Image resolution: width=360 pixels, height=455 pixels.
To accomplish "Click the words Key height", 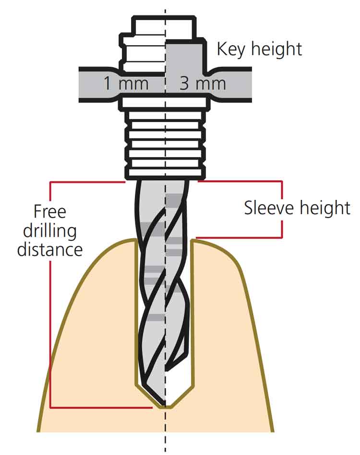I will [x=259, y=49].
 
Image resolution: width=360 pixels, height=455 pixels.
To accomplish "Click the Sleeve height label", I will [x=297, y=208].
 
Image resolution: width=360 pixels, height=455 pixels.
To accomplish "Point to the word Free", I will [x=49, y=211].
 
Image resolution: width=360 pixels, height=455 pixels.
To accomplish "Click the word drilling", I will [x=49, y=231].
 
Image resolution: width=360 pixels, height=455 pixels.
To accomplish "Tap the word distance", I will [x=49, y=250].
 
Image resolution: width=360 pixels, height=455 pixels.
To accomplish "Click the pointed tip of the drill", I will [x=166, y=406].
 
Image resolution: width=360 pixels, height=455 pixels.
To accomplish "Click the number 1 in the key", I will [x=108, y=84].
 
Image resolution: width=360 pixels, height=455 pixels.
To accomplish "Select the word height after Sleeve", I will [x=325, y=208].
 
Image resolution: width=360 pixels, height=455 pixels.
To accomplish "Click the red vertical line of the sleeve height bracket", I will [x=282, y=209].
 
